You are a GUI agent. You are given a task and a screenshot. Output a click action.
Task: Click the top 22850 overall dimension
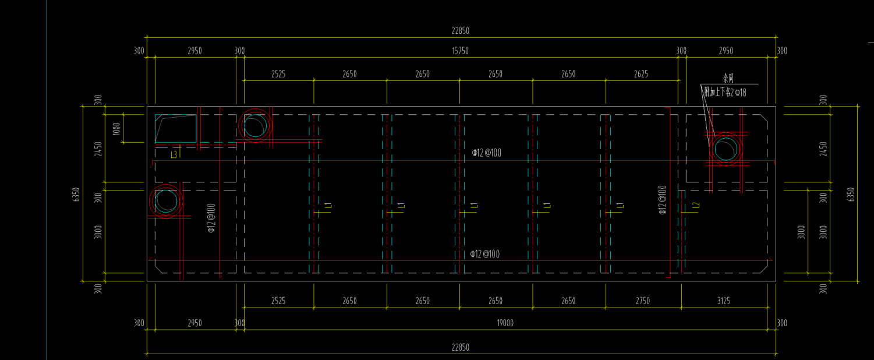coord(460,31)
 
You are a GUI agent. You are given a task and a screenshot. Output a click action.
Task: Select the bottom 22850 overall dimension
coord(460,348)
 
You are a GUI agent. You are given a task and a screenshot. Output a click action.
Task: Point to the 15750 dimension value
coord(460,51)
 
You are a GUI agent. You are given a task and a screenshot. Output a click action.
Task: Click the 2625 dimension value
coord(641,74)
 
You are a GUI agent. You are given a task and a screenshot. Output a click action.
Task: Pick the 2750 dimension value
coord(642,301)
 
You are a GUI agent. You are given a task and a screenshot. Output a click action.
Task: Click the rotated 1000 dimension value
coord(116,129)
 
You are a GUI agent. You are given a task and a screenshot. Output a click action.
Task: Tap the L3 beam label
coord(174,155)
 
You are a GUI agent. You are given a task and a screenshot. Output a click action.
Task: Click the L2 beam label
coord(695,206)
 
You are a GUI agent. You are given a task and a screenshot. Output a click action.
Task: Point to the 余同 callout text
coord(728,78)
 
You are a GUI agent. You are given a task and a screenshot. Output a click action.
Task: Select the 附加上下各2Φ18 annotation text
coord(725,91)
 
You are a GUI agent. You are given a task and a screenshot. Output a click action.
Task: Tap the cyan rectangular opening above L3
coord(175,129)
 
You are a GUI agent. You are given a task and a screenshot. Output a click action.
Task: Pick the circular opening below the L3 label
coord(167,201)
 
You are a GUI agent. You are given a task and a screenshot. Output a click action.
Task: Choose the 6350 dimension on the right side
coord(851,194)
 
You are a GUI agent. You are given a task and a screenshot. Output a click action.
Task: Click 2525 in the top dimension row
coord(278,74)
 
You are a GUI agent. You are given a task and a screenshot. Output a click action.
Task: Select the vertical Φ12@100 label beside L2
coord(662,200)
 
